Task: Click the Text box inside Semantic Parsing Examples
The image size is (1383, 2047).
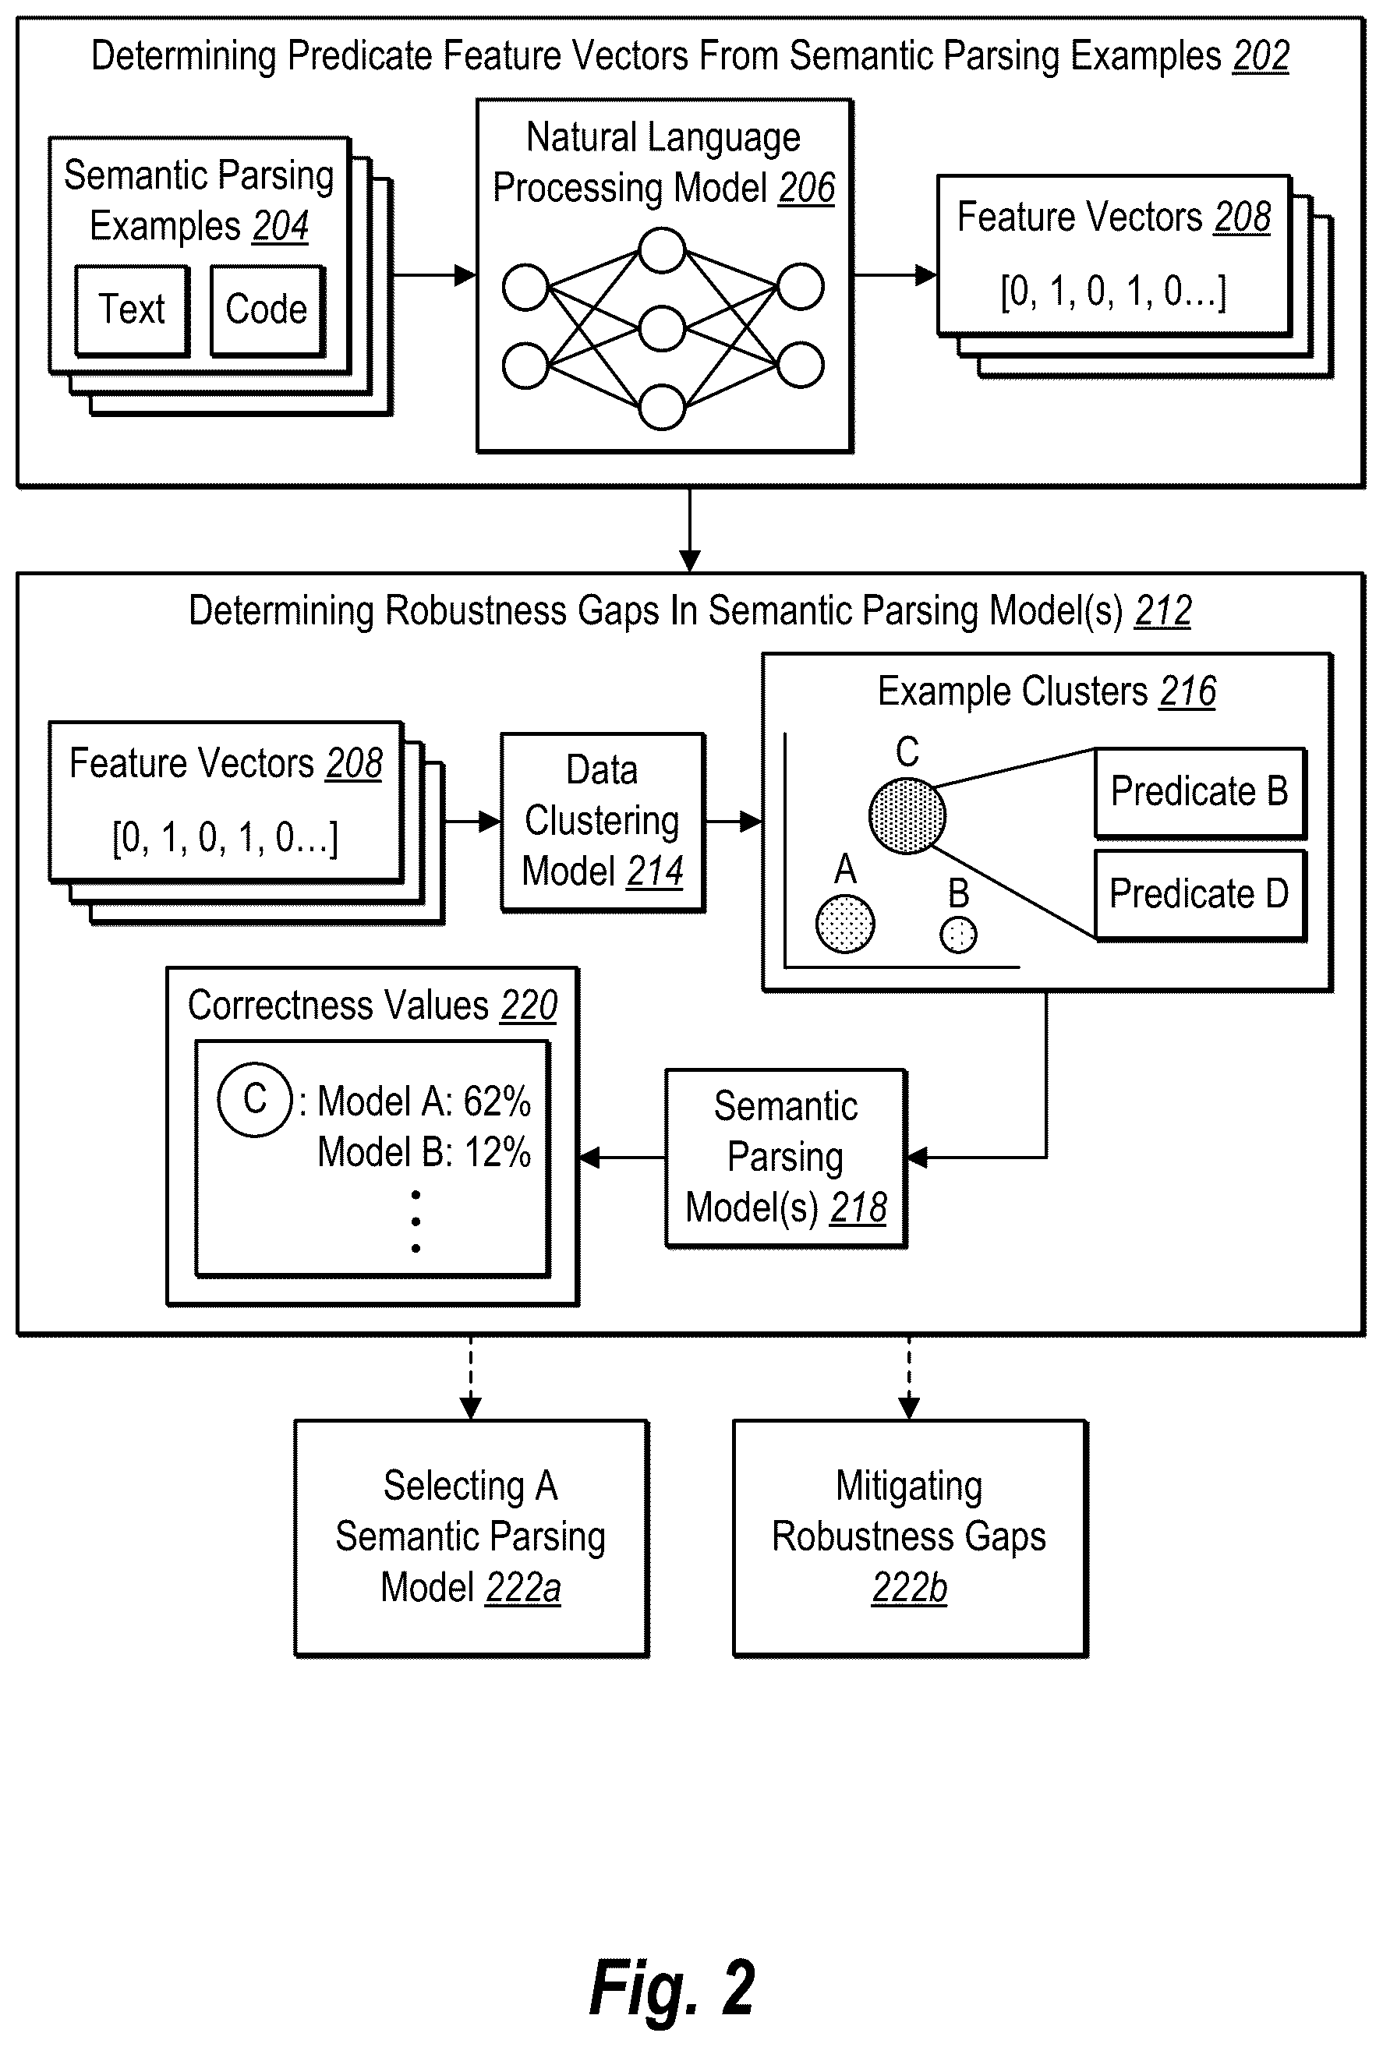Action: coord(132,310)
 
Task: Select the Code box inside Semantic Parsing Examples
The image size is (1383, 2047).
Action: coord(267,310)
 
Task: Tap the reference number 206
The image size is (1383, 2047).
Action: coord(807,188)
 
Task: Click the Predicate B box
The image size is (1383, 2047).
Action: coord(1200,792)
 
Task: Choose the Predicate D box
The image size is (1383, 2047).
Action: coord(1200,894)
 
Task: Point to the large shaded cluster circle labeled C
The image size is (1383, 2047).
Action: coord(907,815)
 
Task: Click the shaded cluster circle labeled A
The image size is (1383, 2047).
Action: coord(846,924)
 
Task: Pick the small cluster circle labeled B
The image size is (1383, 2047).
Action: coord(958,935)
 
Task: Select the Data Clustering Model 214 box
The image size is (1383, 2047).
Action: coord(603,822)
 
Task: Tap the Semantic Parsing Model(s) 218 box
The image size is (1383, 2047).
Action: coord(786,1158)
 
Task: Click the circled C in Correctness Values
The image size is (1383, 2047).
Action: coord(256,1099)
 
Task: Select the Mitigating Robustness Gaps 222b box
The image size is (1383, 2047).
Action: coord(910,1537)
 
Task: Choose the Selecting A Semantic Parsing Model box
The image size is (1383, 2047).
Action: coord(472,1537)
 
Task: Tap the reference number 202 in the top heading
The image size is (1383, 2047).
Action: coord(1261,56)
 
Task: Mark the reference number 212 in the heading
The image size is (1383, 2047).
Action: coord(1164,610)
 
